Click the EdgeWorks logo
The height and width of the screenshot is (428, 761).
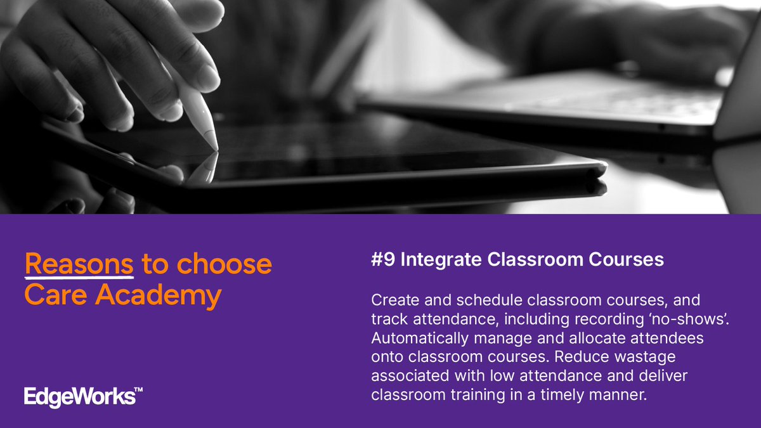click(x=79, y=397)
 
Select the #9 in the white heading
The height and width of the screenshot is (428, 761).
click(x=382, y=260)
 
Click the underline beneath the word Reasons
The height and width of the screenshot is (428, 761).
click(x=79, y=276)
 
